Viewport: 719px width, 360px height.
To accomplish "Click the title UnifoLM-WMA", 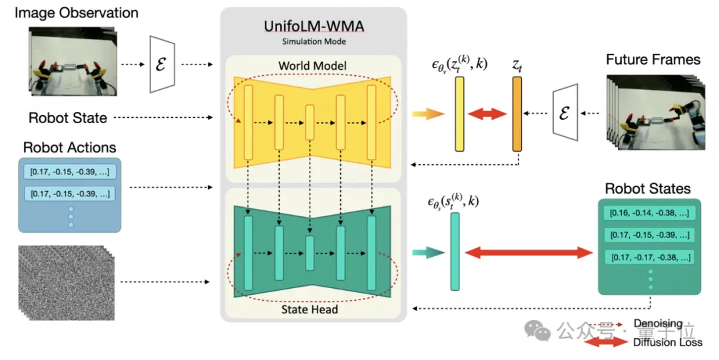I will pos(312,27).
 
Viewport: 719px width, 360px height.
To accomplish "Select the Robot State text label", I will pos(67,118).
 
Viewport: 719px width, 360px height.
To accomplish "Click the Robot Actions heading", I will pos(69,147).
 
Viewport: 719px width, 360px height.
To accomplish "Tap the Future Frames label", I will pos(652,60).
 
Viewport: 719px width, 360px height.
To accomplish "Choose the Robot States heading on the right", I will pos(647,189).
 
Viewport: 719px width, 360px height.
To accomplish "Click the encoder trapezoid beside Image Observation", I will pos(162,65).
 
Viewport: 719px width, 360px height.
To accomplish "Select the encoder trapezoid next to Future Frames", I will pos(566,112).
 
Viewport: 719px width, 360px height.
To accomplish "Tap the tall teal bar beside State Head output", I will pos(455,252).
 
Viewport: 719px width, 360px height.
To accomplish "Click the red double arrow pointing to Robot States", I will pos(529,252).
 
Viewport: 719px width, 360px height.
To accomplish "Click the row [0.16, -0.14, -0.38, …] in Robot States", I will pos(649,214).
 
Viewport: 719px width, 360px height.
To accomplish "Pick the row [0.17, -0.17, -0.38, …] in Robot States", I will pos(649,257).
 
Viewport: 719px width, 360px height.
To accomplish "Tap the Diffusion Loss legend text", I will pos(668,343).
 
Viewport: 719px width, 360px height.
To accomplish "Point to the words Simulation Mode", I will pos(312,41).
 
